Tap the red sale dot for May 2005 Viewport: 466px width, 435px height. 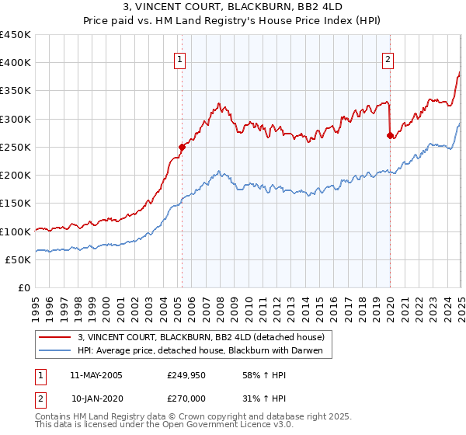pyautogui.click(x=182, y=146)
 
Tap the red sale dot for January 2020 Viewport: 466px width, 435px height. pyautogui.click(x=390, y=135)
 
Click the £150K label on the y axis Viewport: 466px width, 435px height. pyautogui.click(x=16, y=204)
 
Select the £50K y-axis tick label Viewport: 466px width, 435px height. pyautogui.click(x=19, y=259)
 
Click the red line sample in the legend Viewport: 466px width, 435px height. pyautogui.click(x=56, y=337)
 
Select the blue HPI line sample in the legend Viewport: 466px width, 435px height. pyautogui.click(x=56, y=352)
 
